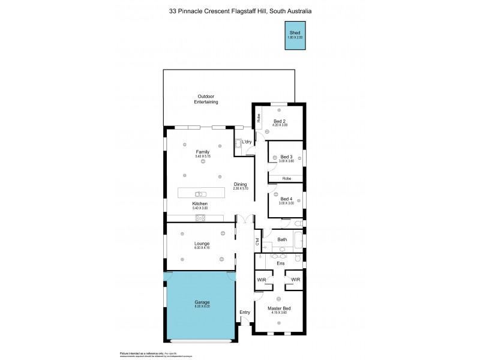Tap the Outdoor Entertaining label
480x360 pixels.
[x=206, y=100]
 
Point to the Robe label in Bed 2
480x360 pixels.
[x=258, y=118]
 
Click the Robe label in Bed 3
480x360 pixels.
[x=287, y=178]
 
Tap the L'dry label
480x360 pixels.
[x=247, y=142]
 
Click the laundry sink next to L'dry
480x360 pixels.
[x=238, y=143]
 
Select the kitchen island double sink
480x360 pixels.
[x=200, y=193]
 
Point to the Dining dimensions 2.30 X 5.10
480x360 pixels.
[x=241, y=189]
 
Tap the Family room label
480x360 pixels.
[x=203, y=152]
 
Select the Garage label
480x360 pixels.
[x=202, y=302]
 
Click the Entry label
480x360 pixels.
[x=245, y=312]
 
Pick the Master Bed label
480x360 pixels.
[x=279, y=308]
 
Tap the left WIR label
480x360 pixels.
[x=262, y=280]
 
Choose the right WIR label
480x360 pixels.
[x=295, y=280]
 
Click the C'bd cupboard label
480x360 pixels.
[x=257, y=242]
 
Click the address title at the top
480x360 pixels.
[x=240, y=11]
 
